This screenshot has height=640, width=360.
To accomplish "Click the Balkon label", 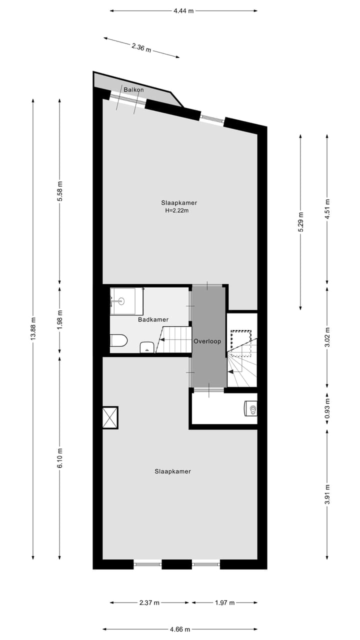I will tap(133, 90).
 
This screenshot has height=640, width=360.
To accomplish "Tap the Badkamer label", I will tap(153, 319).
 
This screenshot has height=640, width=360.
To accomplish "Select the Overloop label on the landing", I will tap(207, 341).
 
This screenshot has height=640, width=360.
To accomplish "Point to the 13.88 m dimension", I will tap(33, 328).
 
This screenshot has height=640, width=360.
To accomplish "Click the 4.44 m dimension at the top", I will tap(183, 10).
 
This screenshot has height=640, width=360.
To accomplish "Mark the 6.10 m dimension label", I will tap(59, 457).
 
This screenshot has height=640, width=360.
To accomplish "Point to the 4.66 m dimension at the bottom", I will tap(180, 629).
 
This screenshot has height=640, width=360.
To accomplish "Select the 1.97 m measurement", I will tap(224, 602).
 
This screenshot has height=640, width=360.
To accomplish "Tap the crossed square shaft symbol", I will tap(110, 417).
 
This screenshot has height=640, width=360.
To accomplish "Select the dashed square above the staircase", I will tap(240, 342).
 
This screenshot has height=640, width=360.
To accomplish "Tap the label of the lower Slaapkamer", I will tap(172, 471).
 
